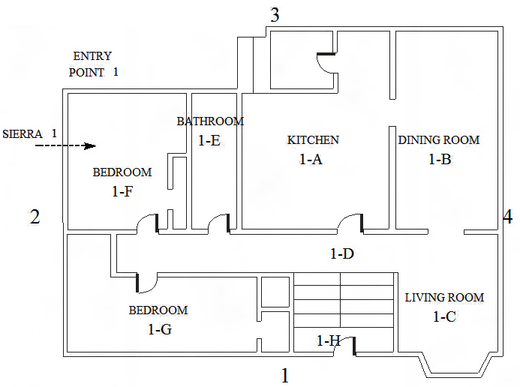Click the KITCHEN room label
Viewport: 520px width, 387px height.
[x=313, y=139]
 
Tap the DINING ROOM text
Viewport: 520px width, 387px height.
[x=439, y=139]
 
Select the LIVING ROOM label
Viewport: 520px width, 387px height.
[x=444, y=297]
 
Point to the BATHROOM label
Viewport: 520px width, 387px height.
[x=210, y=121]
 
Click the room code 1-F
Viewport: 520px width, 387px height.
[x=122, y=191]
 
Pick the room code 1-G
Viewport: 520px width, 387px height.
[x=160, y=329]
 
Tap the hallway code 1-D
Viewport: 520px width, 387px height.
[x=342, y=253]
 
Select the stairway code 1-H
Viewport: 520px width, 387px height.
[x=329, y=340]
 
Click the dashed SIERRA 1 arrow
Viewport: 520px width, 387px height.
[x=66, y=145]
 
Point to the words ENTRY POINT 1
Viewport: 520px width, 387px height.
[x=93, y=64]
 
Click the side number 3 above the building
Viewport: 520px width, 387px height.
[x=275, y=15]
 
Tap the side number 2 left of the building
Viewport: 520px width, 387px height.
[x=35, y=217]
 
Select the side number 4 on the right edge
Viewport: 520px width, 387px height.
[x=508, y=217]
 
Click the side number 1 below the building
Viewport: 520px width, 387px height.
[x=285, y=376]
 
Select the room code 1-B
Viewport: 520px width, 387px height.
[x=440, y=159]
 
